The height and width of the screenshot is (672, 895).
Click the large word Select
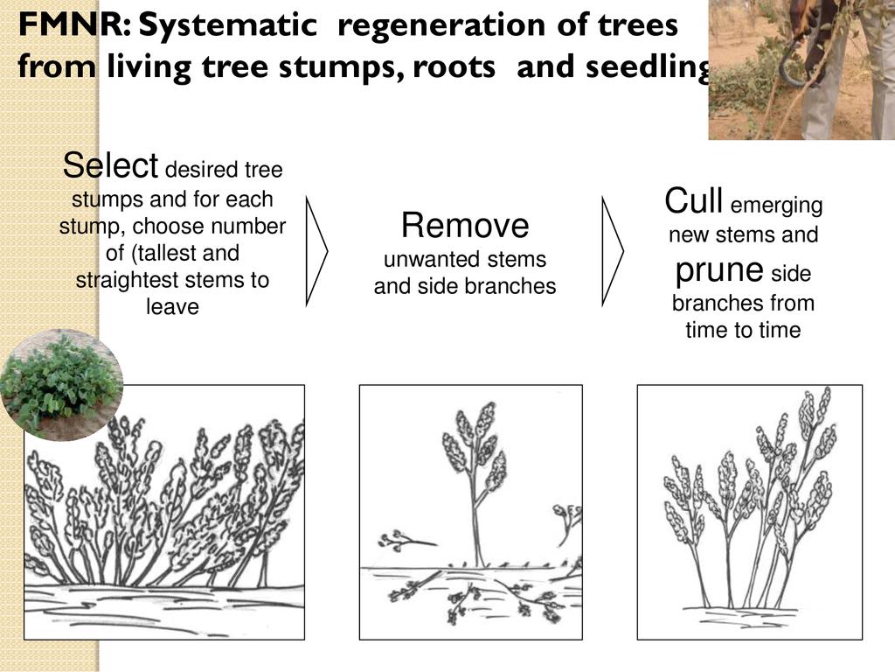(x=110, y=165)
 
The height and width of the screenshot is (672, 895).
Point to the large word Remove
(x=465, y=226)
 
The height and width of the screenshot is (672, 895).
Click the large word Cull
(x=693, y=200)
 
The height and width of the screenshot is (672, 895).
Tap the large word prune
(x=719, y=270)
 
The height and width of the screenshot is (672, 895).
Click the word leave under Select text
(x=173, y=307)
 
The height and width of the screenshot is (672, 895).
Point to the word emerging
(x=776, y=206)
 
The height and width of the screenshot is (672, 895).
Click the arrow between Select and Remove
(x=316, y=251)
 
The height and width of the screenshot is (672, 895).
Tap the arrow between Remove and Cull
(x=612, y=251)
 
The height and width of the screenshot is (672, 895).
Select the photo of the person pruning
(x=801, y=70)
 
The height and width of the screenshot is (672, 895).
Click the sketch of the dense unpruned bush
(x=164, y=512)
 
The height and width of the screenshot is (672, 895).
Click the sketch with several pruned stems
(x=749, y=512)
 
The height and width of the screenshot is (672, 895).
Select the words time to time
(x=743, y=330)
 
